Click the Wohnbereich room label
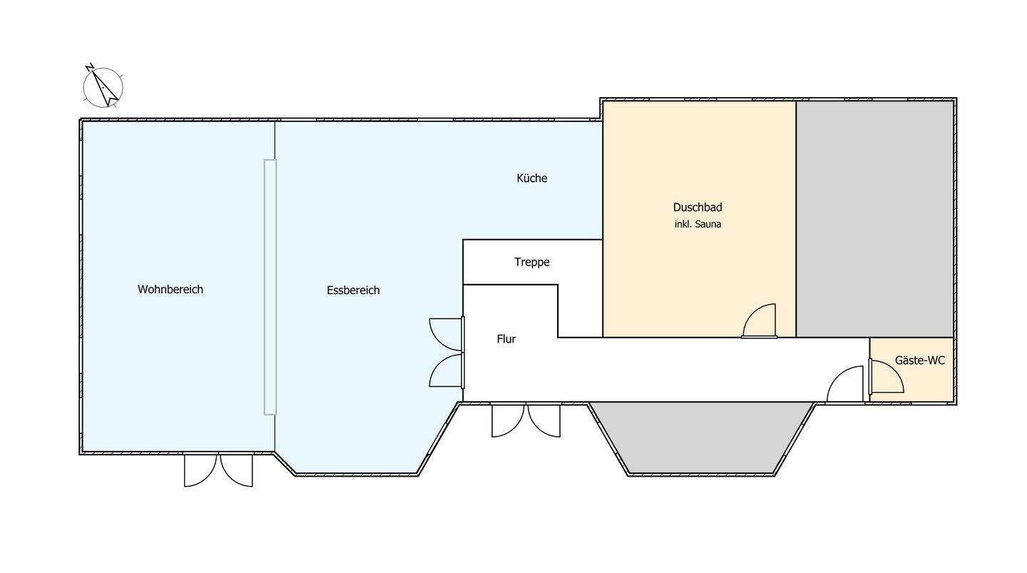[170, 290]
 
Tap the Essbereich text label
[353, 290]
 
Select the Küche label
[532, 178]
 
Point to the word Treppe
[532, 262]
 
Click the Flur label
[506, 339]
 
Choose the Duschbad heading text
[698, 208]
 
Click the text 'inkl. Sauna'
[698, 224]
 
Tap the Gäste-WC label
[920, 360]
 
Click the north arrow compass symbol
[103, 86]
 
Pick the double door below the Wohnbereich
[218, 470]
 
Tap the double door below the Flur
[526, 420]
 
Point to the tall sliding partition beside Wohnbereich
[270, 287]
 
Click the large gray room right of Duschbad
[875, 219]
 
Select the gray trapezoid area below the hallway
[701, 437]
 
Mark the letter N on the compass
[90, 68]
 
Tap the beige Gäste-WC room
[912, 370]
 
